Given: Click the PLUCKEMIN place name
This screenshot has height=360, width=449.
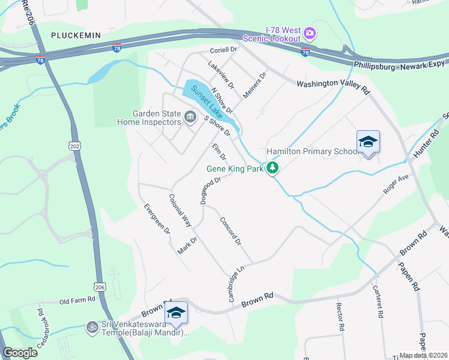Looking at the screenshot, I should [76, 35].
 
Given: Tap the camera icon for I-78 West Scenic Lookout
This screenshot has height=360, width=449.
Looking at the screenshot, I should [310, 32].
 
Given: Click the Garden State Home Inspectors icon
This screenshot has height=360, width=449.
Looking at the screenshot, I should [190, 116].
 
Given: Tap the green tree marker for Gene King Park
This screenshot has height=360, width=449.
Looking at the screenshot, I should [273, 168].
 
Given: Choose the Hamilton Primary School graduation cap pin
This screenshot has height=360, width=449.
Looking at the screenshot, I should [368, 142].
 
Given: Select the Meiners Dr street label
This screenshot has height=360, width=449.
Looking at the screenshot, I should [254, 86].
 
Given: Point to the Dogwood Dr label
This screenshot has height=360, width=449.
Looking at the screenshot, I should [211, 190].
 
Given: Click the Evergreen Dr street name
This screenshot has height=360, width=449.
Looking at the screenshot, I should [157, 219].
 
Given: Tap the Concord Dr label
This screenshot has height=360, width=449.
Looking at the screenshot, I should [230, 231].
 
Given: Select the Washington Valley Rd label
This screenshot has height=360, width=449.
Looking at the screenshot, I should [333, 86].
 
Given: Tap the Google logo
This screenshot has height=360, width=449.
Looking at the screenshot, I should [20, 353].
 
